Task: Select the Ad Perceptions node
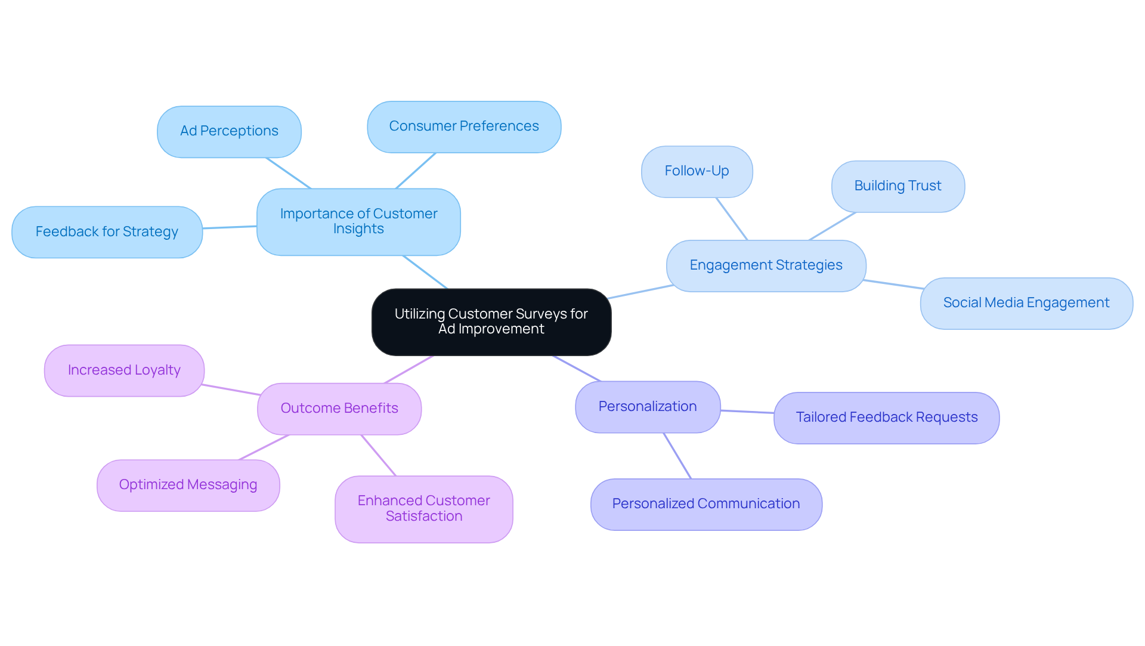tap(229, 132)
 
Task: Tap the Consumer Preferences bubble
tap(463, 127)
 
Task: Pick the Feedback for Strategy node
tap(107, 232)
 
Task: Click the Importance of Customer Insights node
tap(358, 222)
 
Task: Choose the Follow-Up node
tap(697, 172)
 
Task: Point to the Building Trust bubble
tap(898, 187)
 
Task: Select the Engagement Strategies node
tap(766, 266)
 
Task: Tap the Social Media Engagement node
tap(1026, 304)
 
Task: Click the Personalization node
tap(647, 407)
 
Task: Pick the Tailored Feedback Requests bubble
tap(886, 418)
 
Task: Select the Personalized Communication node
tap(705, 505)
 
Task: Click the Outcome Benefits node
tap(339, 409)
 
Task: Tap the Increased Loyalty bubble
tap(124, 371)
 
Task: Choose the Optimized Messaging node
tap(188, 486)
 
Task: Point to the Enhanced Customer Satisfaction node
tap(423, 509)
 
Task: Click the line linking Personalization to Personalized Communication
tap(677, 456)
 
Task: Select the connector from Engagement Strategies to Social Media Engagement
tap(893, 284)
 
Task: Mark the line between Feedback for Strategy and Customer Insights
tap(230, 227)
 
